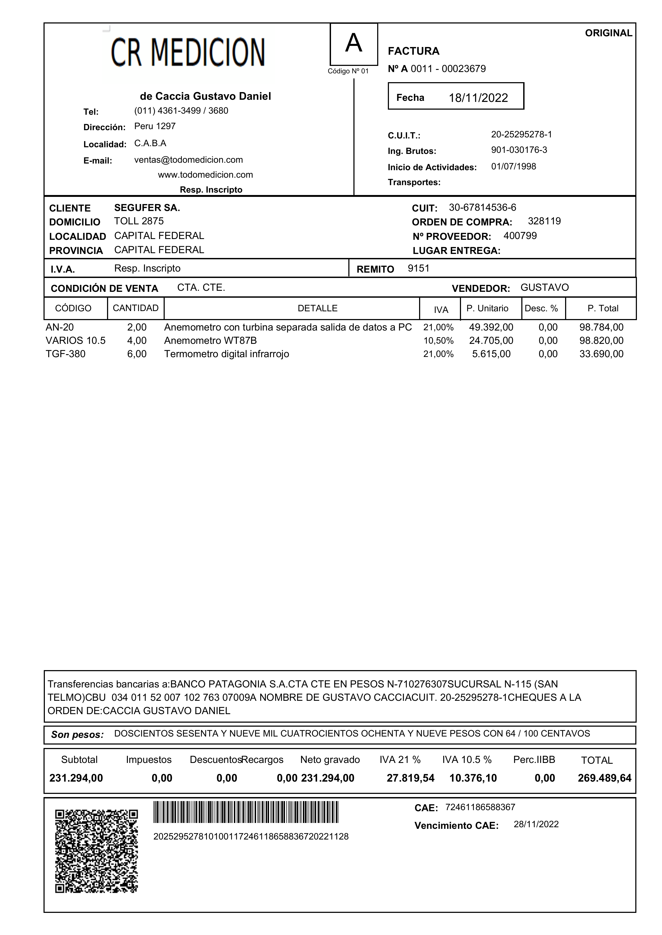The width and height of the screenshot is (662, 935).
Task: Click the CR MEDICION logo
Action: click(188, 53)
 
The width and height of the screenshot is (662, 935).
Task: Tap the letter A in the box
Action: click(353, 43)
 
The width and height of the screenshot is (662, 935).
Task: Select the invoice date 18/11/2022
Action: click(478, 98)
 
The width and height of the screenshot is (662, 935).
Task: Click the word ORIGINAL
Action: click(608, 33)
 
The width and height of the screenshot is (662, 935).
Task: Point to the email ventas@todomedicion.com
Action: click(188, 160)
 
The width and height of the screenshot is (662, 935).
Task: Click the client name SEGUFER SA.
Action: click(147, 208)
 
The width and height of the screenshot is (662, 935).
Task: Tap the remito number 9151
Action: click(418, 268)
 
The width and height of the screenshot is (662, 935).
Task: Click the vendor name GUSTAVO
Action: click(544, 287)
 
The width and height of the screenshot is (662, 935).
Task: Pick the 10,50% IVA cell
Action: click(438, 341)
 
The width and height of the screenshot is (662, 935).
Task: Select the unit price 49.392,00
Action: click(491, 327)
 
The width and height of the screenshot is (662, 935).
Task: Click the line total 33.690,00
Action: click(601, 354)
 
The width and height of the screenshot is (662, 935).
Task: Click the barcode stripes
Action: click(246, 812)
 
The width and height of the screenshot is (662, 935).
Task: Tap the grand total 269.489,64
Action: click(604, 778)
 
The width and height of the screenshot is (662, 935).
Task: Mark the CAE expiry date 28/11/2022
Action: click(536, 824)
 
